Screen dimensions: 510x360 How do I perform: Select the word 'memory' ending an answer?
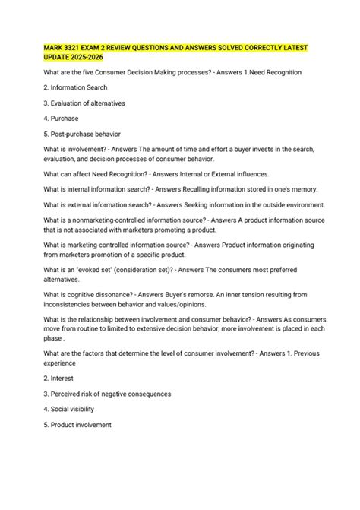click(x=300, y=188)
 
